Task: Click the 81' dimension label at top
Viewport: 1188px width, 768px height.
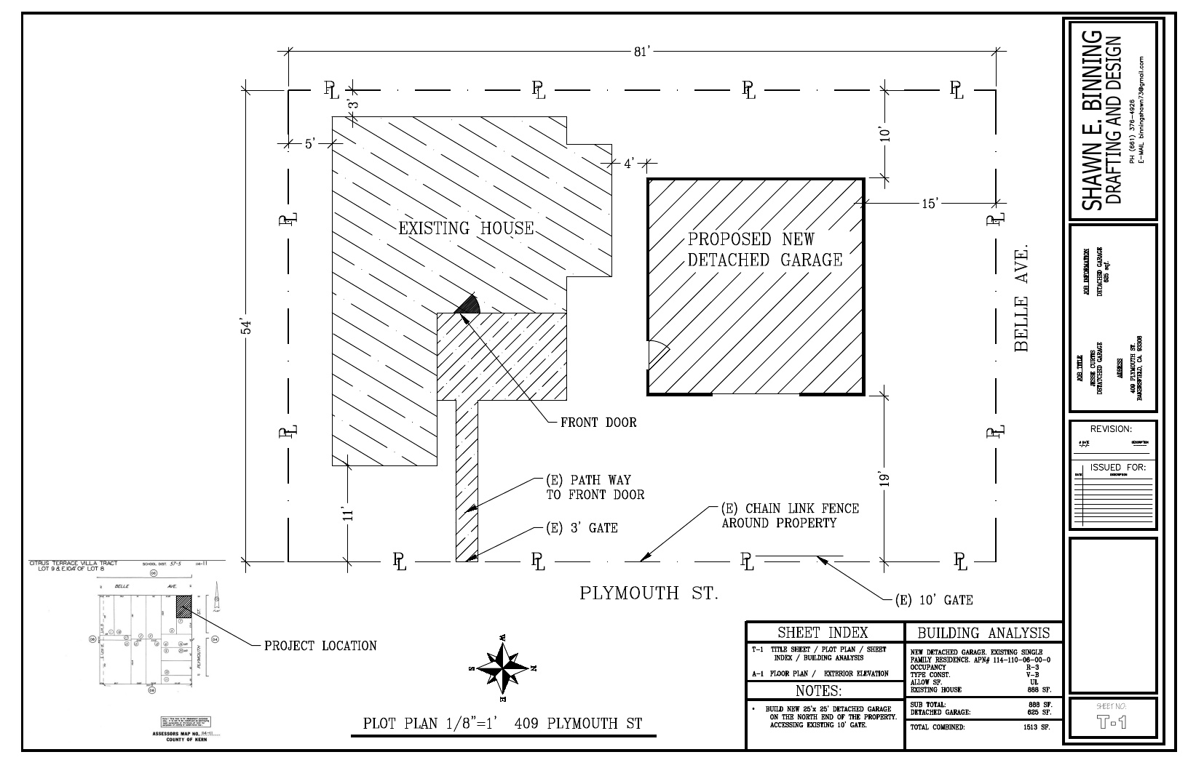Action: coord(641,51)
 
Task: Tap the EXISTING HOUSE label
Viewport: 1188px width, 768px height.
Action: coord(466,228)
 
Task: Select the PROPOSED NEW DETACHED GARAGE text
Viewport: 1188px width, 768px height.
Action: coord(764,249)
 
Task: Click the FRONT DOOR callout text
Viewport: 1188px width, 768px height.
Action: coord(598,423)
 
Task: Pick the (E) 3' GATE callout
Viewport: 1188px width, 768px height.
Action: coord(582,528)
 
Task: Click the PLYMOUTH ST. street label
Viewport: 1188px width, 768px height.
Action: coord(649,593)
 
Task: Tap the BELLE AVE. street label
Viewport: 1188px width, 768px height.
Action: coord(1021,298)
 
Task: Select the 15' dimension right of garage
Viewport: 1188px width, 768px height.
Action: coord(930,204)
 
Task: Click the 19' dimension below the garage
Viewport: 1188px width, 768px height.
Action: coord(884,479)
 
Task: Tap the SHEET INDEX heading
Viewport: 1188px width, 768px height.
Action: coord(823,633)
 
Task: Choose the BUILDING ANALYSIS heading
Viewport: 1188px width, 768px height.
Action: coord(983,633)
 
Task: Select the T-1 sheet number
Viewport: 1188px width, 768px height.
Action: coord(1110,722)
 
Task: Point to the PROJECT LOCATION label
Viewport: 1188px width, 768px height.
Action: coord(320,646)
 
